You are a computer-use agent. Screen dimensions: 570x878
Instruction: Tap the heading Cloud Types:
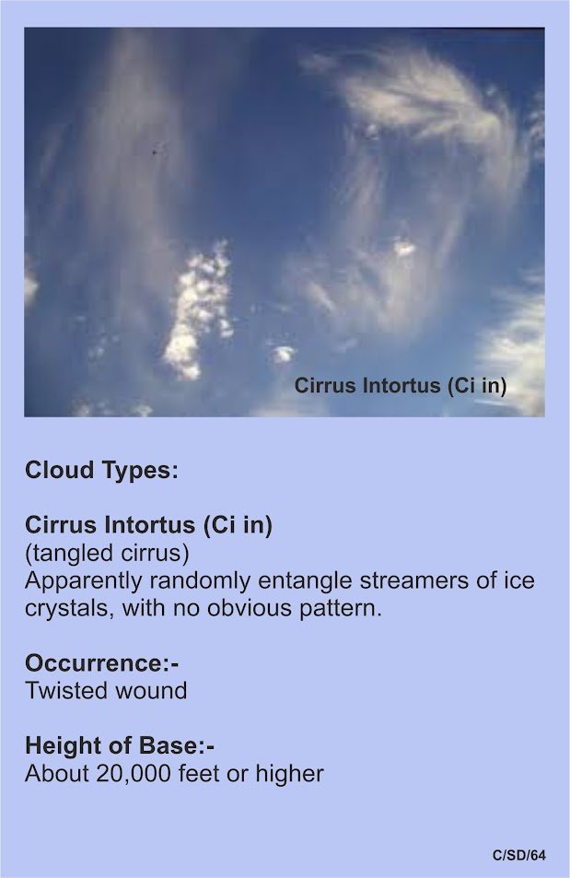[x=101, y=469]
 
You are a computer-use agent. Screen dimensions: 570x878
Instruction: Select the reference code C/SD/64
[x=519, y=855]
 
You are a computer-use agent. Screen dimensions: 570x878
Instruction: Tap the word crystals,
[x=70, y=608]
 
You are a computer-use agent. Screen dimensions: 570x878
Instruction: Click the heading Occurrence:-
[x=102, y=663]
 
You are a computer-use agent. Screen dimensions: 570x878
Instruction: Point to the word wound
[x=146, y=690]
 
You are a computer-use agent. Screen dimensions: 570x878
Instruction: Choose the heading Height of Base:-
[x=120, y=746]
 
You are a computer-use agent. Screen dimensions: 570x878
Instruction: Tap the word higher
[x=289, y=773]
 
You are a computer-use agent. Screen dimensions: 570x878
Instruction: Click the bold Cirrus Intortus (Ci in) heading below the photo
[x=149, y=524]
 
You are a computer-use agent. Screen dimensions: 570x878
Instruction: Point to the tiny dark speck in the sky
[x=155, y=150]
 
